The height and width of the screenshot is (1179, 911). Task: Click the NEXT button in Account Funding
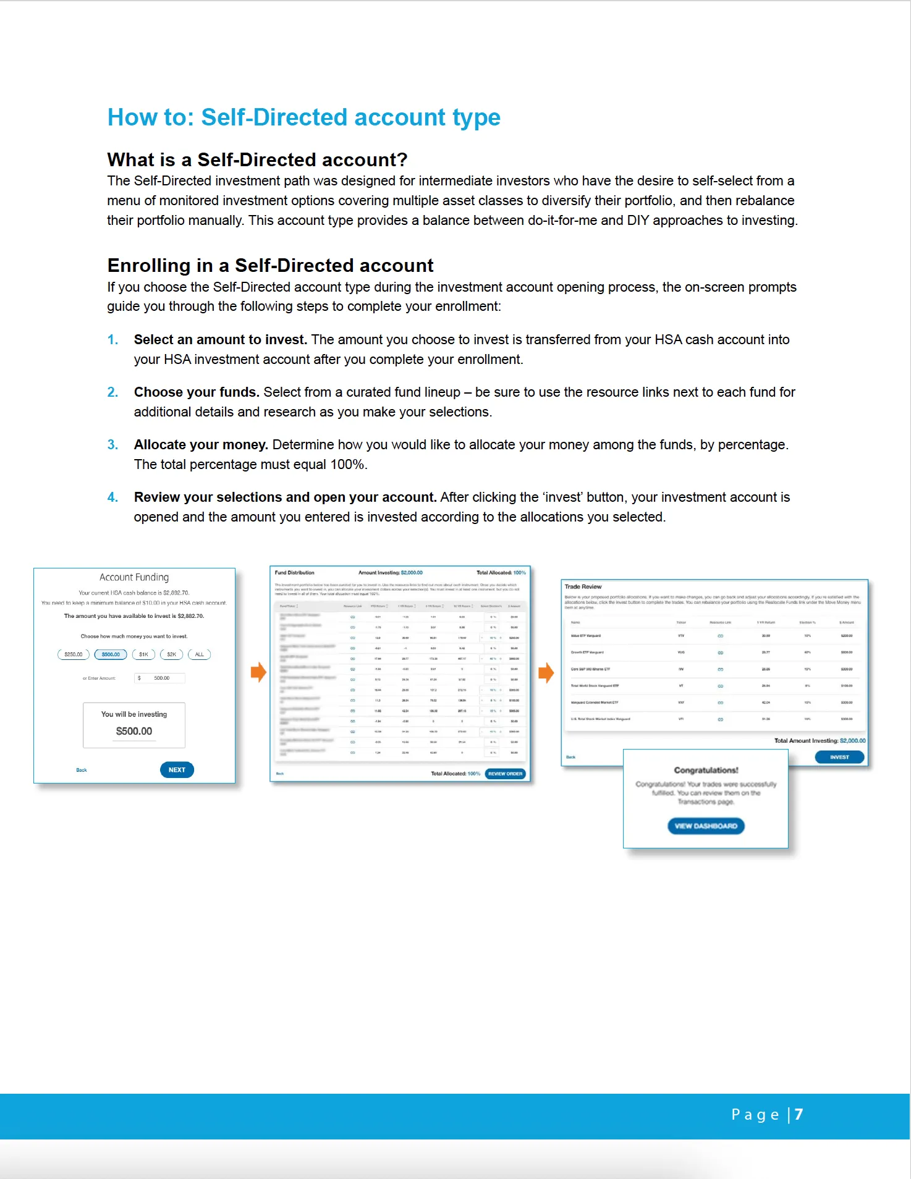(177, 770)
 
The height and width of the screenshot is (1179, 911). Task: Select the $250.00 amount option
(74, 654)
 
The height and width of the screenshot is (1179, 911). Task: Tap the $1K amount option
(143, 654)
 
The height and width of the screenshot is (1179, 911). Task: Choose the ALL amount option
(199, 654)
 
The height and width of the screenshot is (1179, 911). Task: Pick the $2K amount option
(171, 654)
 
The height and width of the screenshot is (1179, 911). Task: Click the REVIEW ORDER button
(505, 774)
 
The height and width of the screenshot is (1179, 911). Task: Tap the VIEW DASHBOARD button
(706, 826)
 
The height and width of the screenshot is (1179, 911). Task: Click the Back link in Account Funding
(82, 770)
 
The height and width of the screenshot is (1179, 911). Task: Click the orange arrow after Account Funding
(258, 672)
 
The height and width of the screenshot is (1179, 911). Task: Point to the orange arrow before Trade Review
(546, 672)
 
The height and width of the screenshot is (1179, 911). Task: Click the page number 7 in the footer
(799, 1114)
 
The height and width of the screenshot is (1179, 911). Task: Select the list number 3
(112, 445)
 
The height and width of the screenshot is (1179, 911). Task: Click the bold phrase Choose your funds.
(197, 392)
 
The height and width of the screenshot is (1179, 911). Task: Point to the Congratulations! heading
(706, 771)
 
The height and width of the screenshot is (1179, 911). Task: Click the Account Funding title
(134, 577)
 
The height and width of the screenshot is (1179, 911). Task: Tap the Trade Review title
(583, 586)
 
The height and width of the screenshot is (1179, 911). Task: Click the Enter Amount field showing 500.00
(160, 678)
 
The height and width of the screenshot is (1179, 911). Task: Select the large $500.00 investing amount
(134, 731)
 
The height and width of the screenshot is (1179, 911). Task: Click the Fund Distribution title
(294, 573)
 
